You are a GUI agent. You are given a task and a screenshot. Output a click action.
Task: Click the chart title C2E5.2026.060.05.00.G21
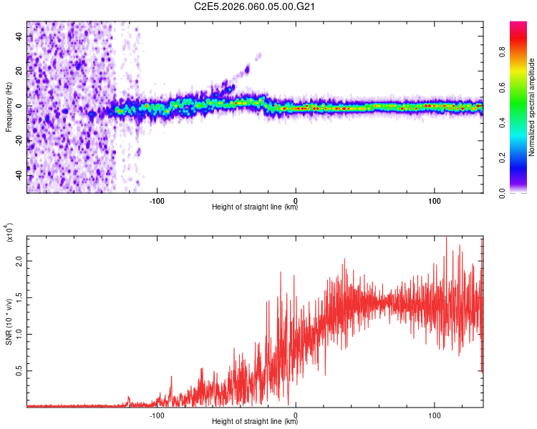coord(255,7)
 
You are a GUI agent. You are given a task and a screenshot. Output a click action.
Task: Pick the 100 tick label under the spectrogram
coord(434,199)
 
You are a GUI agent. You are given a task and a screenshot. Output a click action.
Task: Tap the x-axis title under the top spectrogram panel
coord(255,208)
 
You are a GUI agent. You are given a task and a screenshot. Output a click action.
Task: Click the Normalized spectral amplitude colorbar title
coord(532,107)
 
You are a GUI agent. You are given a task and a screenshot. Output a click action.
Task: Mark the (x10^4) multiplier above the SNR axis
coord(10,232)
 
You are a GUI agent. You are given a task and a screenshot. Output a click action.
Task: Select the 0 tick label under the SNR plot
coord(296,414)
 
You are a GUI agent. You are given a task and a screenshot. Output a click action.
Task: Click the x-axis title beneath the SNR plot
coord(255,422)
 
